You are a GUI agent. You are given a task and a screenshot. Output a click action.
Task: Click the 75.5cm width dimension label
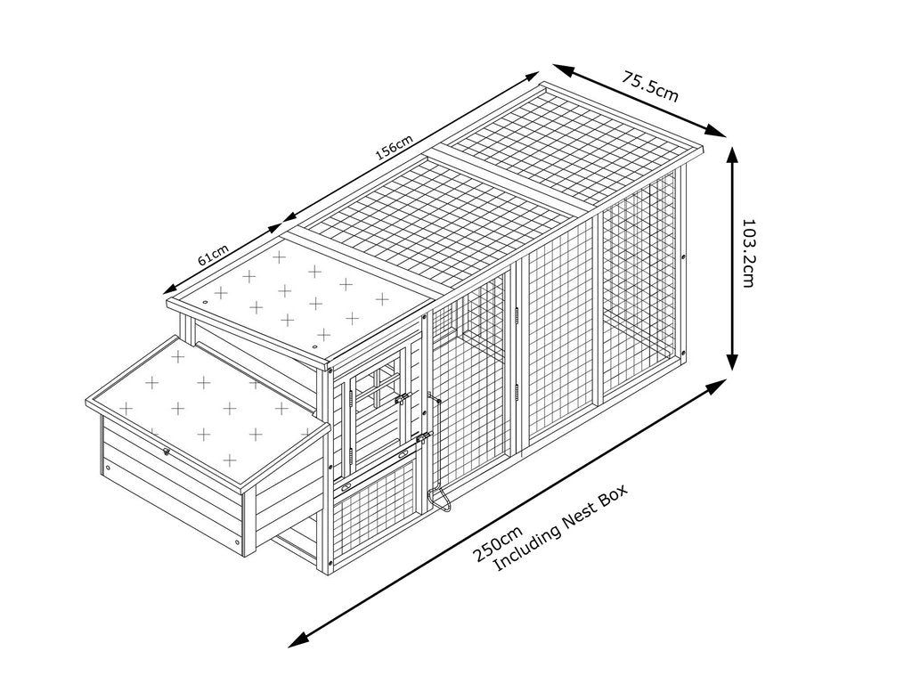[x=650, y=87]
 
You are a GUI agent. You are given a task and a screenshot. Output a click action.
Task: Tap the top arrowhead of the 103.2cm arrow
[x=732, y=153]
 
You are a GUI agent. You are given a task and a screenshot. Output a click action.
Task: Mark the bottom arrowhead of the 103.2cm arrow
[x=732, y=362]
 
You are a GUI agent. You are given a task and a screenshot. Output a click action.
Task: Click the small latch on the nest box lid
[x=166, y=452]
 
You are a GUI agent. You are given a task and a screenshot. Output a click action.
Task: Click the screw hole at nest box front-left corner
[x=108, y=466]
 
